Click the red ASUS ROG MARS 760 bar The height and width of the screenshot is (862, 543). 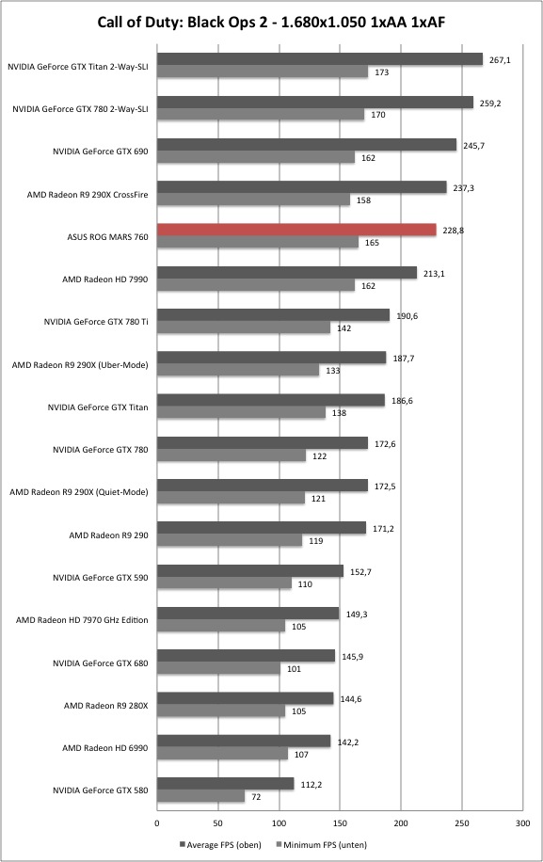[x=296, y=230]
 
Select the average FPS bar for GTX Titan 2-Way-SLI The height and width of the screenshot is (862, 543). [x=320, y=59]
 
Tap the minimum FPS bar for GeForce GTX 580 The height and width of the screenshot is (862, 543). [x=200, y=796]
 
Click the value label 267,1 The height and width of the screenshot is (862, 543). [x=500, y=60]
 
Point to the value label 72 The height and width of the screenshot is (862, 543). [x=256, y=796]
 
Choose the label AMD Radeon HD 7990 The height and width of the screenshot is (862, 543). [x=105, y=279]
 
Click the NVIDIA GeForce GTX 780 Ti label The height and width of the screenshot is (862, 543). [x=96, y=322]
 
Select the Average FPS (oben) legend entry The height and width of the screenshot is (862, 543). [x=220, y=844]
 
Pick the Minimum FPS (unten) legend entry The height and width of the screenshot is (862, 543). [x=322, y=844]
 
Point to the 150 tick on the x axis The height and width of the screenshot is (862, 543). [x=341, y=823]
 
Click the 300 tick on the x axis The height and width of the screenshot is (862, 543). [x=523, y=823]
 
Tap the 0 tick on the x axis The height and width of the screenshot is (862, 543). [x=157, y=823]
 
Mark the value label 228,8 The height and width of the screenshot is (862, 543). [x=454, y=231]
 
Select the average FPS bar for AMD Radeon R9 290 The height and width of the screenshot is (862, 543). [x=262, y=528]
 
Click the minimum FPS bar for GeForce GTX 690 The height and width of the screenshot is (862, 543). [x=256, y=157]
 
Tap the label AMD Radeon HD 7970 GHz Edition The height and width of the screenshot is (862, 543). [x=82, y=620]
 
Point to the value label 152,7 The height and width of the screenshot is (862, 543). [x=360, y=572]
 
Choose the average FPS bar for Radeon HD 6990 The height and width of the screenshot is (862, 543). [x=244, y=741]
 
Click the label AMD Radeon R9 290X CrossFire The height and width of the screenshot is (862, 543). [x=88, y=195]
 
